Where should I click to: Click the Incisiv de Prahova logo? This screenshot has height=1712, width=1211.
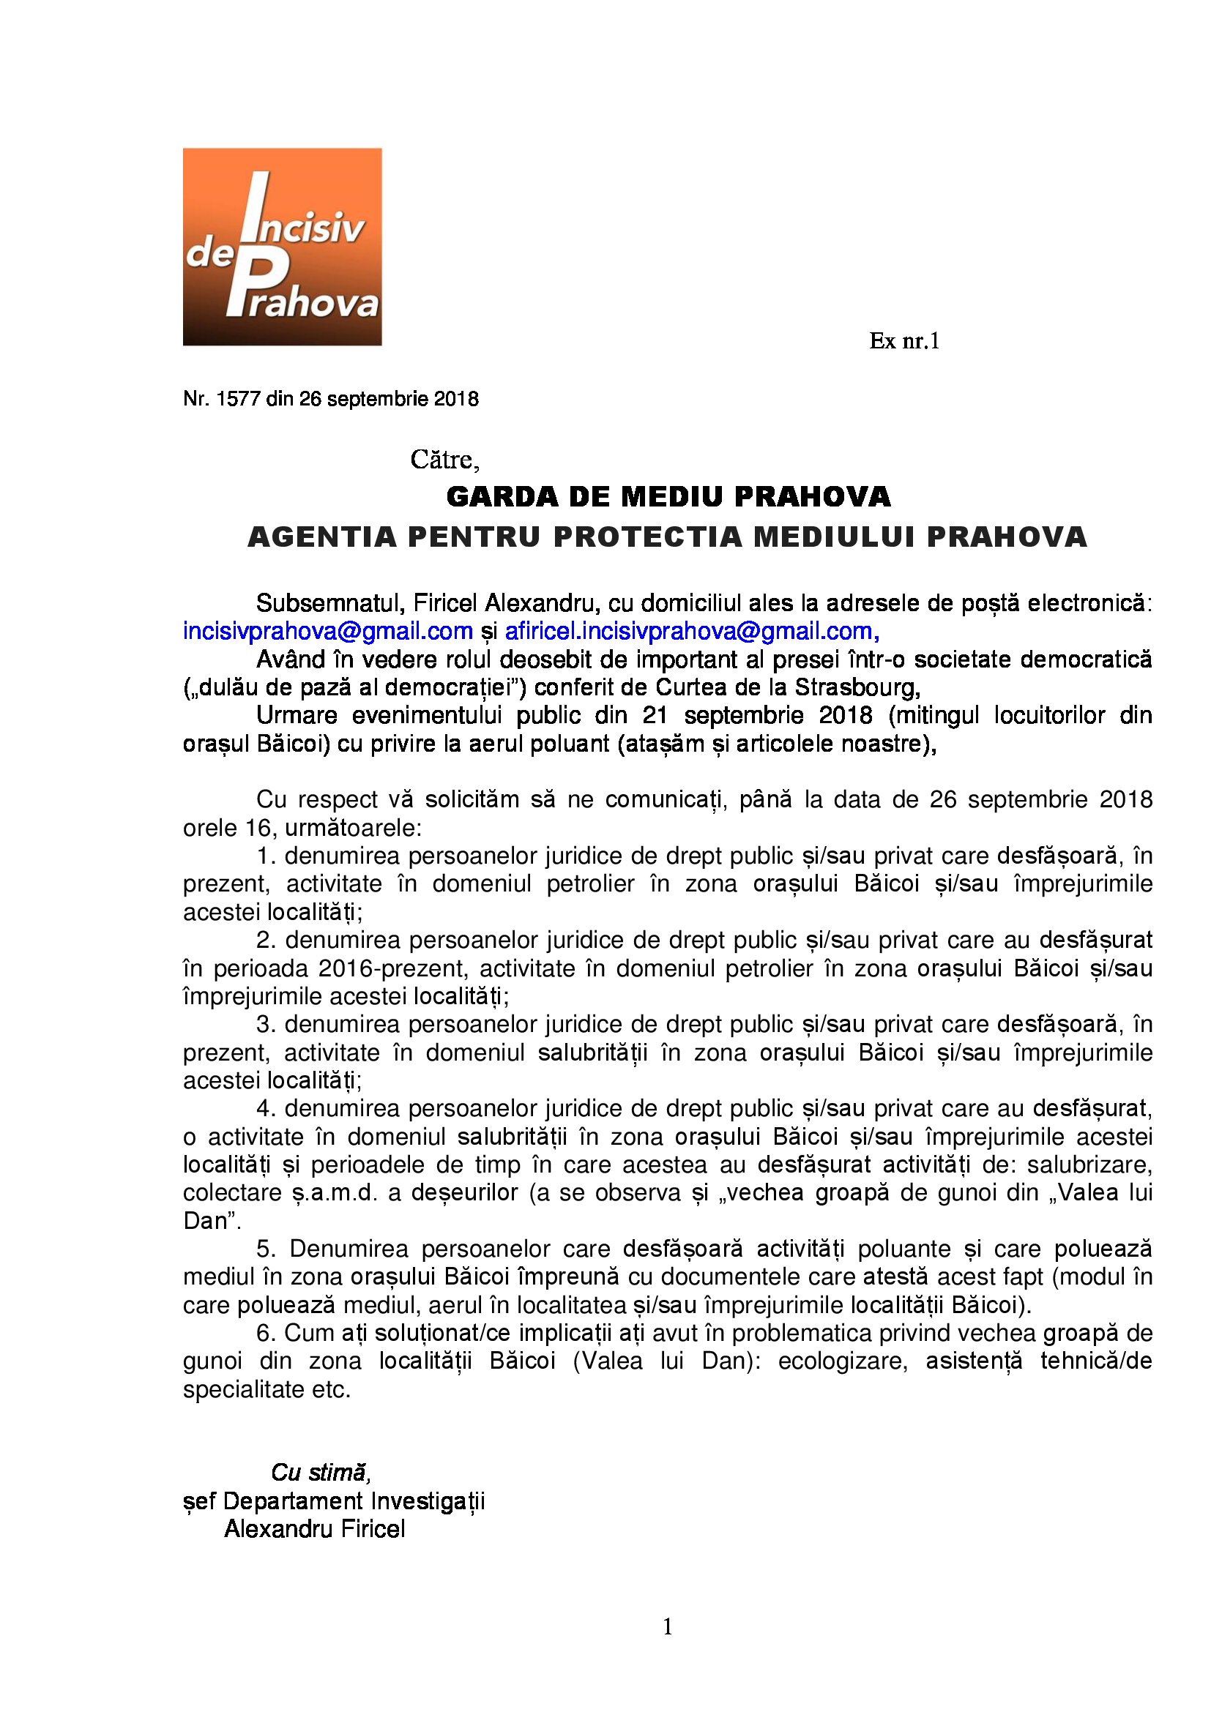(282, 247)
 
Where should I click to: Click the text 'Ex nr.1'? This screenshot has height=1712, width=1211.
(903, 341)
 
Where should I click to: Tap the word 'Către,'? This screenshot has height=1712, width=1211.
(444, 460)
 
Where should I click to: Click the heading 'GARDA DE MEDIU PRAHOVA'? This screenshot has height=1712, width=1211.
(668, 496)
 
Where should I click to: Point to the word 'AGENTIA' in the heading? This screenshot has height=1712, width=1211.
(321, 537)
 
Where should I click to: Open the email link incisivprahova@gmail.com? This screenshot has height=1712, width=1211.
(328, 631)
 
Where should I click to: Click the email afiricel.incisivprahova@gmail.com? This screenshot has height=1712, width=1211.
(691, 631)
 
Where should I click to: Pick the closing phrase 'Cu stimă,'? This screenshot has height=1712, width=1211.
(321, 1472)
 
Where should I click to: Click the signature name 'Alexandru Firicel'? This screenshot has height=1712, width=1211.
(315, 1528)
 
